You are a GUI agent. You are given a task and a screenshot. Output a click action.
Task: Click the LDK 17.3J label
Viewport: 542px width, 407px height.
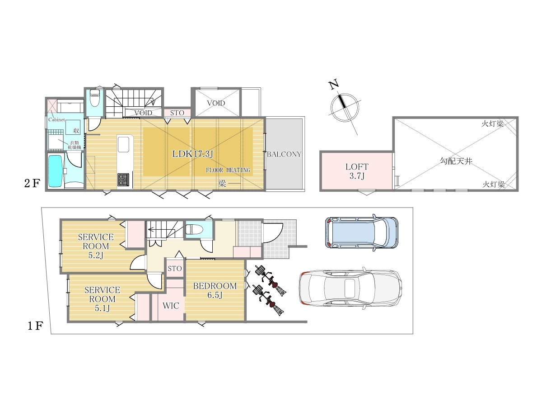(x=192, y=154)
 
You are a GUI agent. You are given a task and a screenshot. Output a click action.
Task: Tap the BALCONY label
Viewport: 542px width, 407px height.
(x=284, y=154)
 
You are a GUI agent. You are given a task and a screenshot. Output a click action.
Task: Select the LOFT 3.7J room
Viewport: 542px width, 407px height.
(x=356, y=171)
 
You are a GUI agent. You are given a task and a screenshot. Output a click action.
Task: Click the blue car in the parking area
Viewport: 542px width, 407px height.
(x=361, y=232)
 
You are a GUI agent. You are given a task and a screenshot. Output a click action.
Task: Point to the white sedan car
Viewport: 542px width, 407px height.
(x=350, y=289)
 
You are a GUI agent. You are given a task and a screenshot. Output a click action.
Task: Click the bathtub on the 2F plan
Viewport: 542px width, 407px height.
(x=55, y=171)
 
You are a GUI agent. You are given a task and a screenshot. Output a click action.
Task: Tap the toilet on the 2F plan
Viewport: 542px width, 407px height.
(x=95, y=98)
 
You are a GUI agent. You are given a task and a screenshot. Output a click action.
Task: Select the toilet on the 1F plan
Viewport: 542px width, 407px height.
(x=194, y=229)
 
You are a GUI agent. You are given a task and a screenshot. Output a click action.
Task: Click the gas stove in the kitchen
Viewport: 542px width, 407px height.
(x=123, y=180)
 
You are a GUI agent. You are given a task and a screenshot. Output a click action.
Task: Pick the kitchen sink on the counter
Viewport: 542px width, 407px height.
(x=123, y=145)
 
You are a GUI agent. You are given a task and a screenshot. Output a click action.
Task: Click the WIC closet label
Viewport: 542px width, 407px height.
(x=171, y=306)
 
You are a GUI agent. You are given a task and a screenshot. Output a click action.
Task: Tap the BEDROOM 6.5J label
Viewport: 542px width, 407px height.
(x=215, y=290)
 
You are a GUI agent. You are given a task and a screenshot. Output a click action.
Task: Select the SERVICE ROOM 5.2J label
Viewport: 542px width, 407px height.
(x=96, y=246)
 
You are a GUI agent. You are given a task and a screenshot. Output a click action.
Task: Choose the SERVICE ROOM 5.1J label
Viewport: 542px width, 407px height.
(x=102, y=299)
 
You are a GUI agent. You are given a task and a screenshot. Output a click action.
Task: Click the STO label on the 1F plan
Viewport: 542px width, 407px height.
(x=175, y=268)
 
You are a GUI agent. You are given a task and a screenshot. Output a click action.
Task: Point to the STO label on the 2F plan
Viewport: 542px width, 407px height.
(x=177, y=113)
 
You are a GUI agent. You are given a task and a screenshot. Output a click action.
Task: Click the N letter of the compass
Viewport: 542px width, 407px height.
(x=334, y=85)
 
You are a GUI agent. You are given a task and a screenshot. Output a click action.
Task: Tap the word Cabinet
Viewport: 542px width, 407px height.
(x=56, y=119)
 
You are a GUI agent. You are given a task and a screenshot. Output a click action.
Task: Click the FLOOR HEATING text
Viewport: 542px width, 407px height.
(x=228, y=170)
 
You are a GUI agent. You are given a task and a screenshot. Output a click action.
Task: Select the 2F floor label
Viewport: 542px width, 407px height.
(x=32, y=183)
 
